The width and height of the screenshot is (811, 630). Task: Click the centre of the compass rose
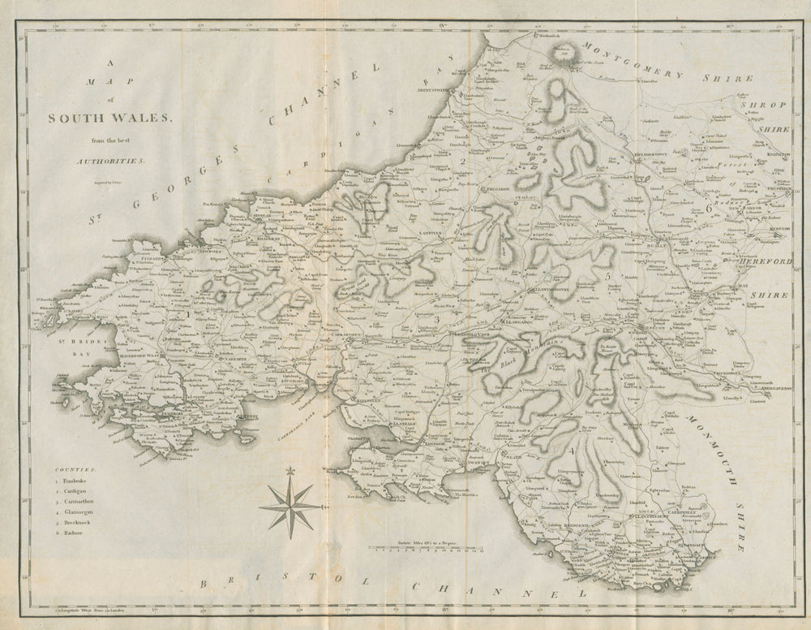point(290,506)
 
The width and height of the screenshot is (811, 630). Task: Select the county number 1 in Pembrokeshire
point(188,313)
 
